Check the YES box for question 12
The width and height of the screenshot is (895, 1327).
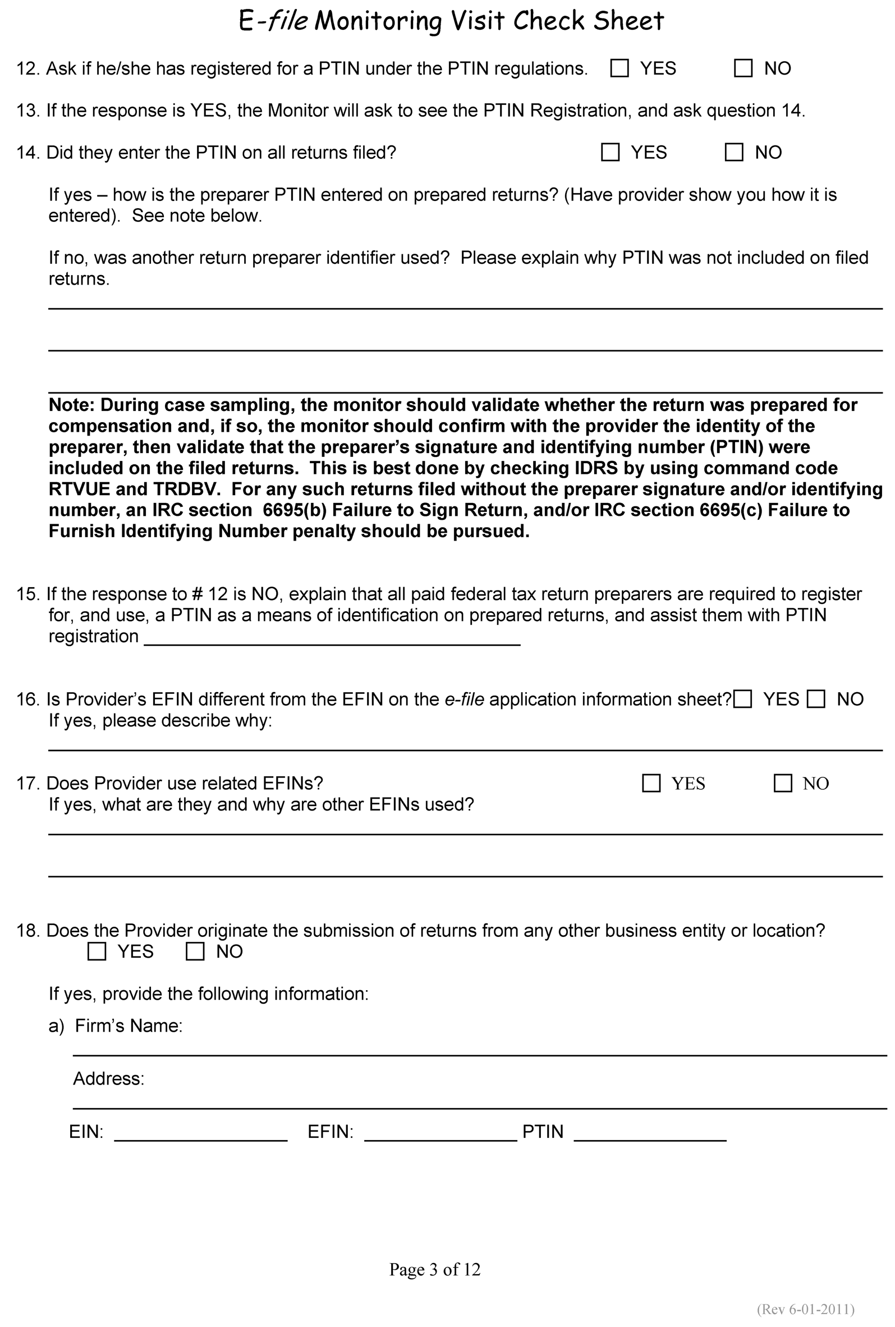click(x=619, y=68)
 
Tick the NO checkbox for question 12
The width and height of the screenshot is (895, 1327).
click(x=742, y=68)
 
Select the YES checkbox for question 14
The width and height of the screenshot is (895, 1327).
click(x=610, y=153)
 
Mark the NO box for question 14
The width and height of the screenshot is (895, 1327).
click(x=733, y=153)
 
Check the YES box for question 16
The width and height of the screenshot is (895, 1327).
click(x=742, y=699)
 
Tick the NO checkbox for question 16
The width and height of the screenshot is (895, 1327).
click(x=816, y=699)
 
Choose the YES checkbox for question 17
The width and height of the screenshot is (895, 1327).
click(x=651, y=783)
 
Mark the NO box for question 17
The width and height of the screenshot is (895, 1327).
click(x=783, y=783)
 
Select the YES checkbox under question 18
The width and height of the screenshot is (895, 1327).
click(x=97, y=951)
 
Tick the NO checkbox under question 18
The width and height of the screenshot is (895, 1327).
click(x=195, y=951)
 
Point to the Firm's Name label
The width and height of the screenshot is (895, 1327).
click(x=128, y=1026)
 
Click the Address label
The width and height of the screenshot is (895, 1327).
click(x=108, y=1079)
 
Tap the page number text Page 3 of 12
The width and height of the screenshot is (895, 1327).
click(x=434, y=1269)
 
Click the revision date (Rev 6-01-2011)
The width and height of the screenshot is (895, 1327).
click(x=805, y=1308)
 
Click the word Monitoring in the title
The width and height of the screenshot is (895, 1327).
click(x=378, y=21)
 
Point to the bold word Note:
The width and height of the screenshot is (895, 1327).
click(x=71, y=405)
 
